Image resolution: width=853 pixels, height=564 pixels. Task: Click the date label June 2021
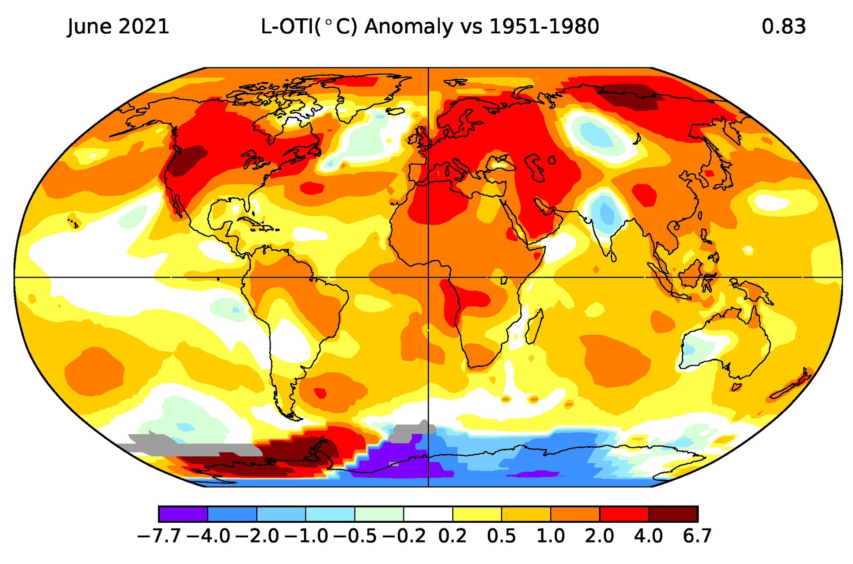[x=118, y=27]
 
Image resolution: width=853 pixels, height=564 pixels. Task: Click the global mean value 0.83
[x=783, y=27]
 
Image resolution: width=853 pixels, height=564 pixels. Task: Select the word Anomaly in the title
[x=408, y=27]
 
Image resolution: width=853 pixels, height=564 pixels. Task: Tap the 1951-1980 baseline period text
[x=544, y=27]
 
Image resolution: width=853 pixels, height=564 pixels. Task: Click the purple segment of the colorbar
[x=183, y=514]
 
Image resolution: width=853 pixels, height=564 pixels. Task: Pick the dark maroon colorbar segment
[x=673, y=514]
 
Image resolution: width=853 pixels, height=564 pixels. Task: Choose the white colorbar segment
[x=428, y=514]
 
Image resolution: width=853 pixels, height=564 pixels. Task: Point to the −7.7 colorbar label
[x=159, y=536]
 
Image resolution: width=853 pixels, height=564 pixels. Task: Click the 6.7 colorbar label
[x=697, y=536]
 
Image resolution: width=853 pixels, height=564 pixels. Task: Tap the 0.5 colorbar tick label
[x=501, y=536]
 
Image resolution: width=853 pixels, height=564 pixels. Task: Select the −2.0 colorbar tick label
[x=257, y=536]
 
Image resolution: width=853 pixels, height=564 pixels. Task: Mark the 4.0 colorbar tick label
[x=648, y=536]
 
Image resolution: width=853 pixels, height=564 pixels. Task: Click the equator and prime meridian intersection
[x=428, y=277]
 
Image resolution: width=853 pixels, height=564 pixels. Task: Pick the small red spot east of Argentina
[x=320, y=393]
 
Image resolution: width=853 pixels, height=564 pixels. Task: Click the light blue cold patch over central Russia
[x=596, y=134]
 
